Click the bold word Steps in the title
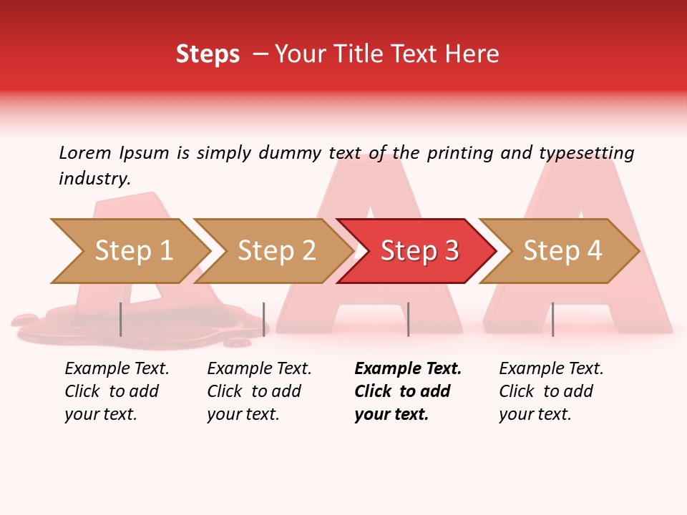pos(208,54)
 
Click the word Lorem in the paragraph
pos(85,152)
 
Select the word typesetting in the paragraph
pos(586,153)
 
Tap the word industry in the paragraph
pos(94,179)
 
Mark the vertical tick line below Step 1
pos(121,319)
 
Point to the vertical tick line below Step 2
pos(264,319)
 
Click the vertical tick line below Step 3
pos(408,319)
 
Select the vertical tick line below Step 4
pos(552,319)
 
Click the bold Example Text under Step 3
pos(408,368)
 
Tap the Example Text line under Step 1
pos(117,368)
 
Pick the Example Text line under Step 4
pos(551,368)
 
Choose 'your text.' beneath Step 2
pos(243,414)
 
